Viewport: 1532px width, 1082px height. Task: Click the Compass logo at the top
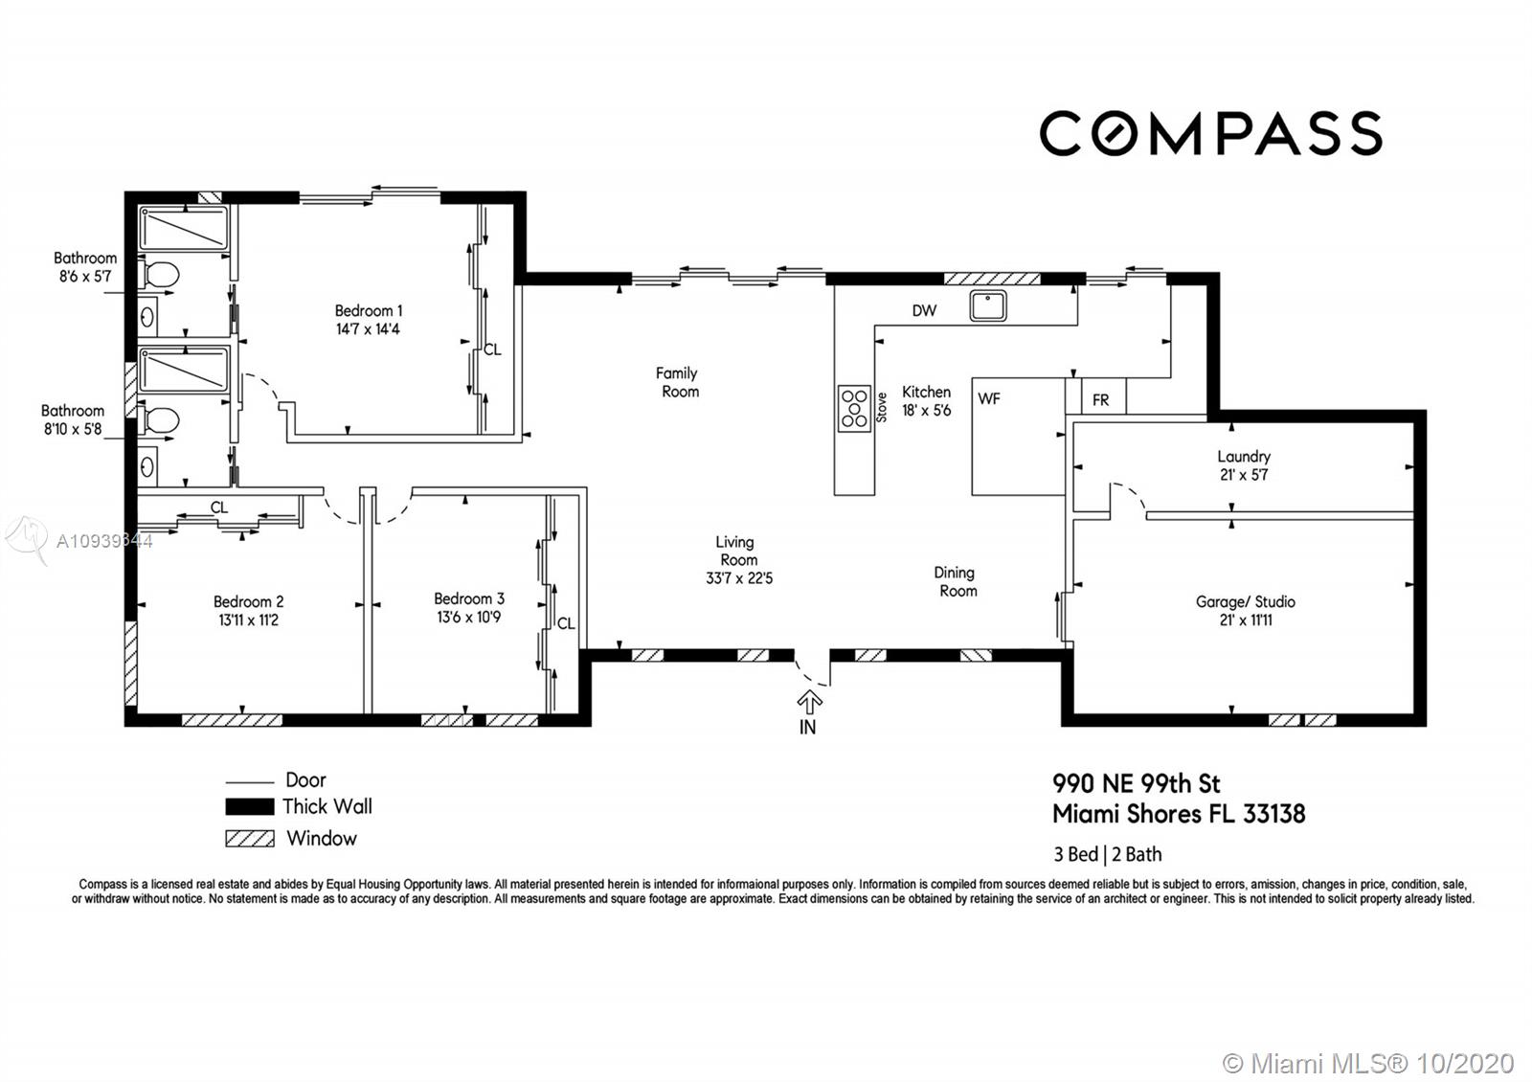pos(1210,133)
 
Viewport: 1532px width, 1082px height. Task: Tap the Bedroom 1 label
pos(369,310)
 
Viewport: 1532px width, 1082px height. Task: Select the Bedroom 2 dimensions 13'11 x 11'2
pos(248,620)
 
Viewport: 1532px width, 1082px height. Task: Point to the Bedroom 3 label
pos(469,598)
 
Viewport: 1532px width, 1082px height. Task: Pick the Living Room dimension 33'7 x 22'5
pos(738,578)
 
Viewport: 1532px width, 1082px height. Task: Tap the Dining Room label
pos(956,581)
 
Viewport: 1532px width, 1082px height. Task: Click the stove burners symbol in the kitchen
pos(854,408)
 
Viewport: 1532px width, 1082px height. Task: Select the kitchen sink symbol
pos(987,305)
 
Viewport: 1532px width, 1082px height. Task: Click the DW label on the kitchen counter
pos(924,310)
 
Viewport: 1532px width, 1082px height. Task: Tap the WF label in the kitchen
pos(989,398)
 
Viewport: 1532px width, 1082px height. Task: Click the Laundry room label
pos(1244,456)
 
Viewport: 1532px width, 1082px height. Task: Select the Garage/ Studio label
pos(1246,602)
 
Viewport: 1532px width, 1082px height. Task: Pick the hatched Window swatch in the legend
pos(250,839)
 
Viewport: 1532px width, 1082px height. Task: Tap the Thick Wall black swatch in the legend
pos(250,807)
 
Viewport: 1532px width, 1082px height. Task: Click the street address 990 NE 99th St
pos(1136,784)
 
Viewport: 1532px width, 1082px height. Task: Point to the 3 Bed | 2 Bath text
pos(1107,854)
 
